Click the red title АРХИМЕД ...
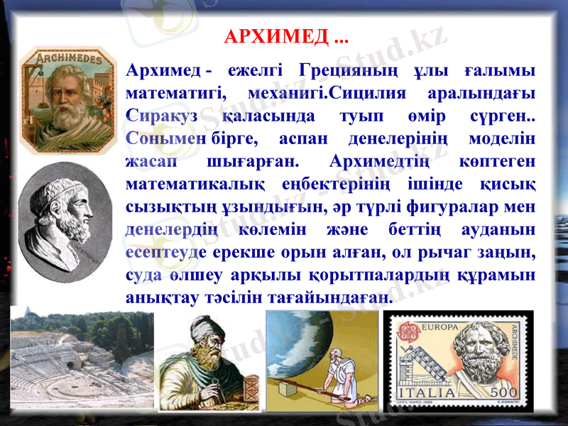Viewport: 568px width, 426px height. (x=276, y=35)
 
